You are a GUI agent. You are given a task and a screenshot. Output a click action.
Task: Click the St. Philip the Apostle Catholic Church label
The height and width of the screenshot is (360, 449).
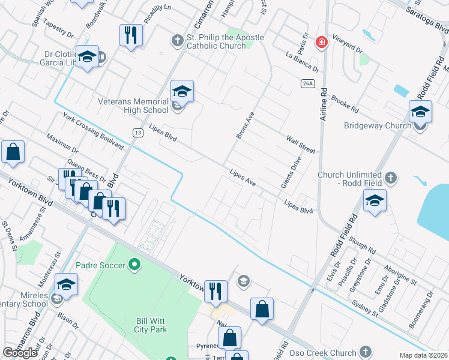tap(224, 41)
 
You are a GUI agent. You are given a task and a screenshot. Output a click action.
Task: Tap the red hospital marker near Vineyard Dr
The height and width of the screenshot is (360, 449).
tap(322, 42)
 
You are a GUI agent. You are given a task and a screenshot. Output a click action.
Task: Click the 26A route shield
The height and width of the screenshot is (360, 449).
tap(308, 83)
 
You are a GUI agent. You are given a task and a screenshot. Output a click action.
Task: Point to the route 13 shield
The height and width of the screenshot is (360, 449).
tap(137, 132)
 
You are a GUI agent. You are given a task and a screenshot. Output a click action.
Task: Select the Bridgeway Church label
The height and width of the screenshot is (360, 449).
tap(377, 126)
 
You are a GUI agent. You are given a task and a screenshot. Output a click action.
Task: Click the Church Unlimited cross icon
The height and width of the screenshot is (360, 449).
tap(391, 178)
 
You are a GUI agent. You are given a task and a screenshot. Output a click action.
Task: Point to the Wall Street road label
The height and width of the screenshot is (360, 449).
tap(300, 144)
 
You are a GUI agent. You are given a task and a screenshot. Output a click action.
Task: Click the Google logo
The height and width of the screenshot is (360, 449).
tap(20, 353)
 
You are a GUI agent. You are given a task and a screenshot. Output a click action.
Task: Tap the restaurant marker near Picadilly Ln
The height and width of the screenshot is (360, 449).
tap(131, 35)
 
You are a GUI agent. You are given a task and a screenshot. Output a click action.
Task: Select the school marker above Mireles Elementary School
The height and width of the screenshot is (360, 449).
tap(66, 284)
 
